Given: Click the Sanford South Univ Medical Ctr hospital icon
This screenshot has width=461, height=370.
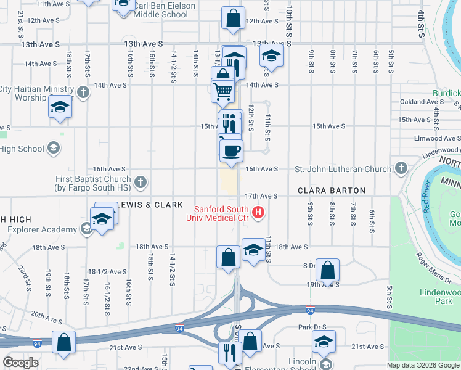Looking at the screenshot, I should coord(259,213).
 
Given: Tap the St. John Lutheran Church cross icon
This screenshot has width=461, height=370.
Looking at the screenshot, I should coord(401,168).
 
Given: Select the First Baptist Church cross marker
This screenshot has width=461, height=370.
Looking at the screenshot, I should coord(141,182).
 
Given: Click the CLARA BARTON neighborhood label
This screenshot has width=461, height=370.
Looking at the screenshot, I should coord(332,191).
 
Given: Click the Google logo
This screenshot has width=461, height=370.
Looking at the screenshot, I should coord(20,363).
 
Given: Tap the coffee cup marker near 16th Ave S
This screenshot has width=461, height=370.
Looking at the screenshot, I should coord(231,150).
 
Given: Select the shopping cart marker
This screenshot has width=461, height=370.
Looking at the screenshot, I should coord(222,91).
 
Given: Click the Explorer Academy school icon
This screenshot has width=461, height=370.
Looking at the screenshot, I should coord(86,230).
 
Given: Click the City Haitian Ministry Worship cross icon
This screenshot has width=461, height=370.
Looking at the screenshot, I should coord(83,93).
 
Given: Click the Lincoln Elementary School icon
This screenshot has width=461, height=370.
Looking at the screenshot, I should coord(325,364).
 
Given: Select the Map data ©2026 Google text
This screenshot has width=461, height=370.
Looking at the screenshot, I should coord(422,365).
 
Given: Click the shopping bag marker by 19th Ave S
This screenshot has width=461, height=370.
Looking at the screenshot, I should coord(328,270).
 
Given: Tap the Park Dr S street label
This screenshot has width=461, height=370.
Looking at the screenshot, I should coord(312,326).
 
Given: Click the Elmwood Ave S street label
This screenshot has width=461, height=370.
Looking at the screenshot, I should coord(438,138).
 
